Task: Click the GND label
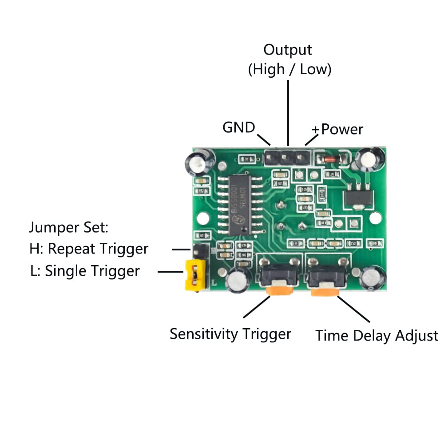tap(238, 128)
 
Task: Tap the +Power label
tap(337, 129)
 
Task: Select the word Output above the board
tap(288, 49)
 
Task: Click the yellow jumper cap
tap(195, 274)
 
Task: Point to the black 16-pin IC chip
tap(240, 205)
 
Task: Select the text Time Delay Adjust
tap(377, 336)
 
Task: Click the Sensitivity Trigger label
tap(230, 334)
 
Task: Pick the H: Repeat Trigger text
tap(89, 249)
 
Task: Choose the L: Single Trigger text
tap(85, 271)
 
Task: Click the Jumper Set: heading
tap(69, 228)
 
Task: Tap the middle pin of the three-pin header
tap(288, 157)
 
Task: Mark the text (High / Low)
tap(289, 69)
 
